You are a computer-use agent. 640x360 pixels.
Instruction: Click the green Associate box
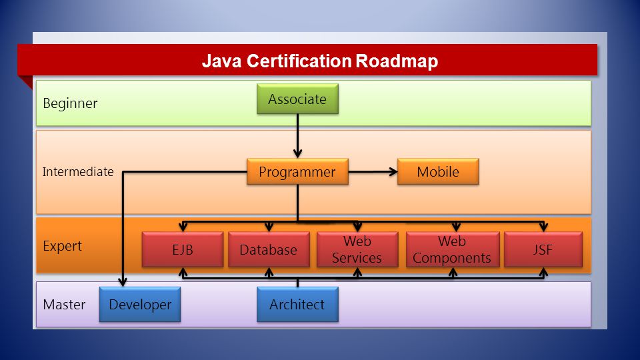coord(297,99)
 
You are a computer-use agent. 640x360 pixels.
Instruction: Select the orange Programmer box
coord(297,172)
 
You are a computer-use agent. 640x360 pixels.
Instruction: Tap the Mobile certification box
coord(438,172)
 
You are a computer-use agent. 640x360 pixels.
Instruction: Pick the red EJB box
coord(183,249)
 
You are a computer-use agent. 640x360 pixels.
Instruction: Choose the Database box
coord(269,249)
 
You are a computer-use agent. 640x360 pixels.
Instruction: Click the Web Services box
coord(357,249)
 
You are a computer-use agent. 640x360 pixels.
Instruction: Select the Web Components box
coord(452,249)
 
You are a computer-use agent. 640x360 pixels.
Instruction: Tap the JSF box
coord(543,249)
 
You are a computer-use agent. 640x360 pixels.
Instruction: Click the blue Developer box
coord(140,305)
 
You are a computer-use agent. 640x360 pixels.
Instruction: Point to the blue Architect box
coord(297,305)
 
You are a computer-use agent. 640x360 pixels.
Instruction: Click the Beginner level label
coord(70,104)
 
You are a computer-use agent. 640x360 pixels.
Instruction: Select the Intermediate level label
coord(78,172)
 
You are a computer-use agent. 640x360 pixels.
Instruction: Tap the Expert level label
coord(63,246)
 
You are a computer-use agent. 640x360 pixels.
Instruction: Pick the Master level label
coord(64,305)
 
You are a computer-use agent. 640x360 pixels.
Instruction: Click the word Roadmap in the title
coord(397,61)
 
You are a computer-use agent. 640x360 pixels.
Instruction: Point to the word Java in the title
coord(221,61)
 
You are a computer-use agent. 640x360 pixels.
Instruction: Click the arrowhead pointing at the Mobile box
coord(393,172)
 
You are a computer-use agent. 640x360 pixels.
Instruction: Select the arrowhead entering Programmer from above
coord(297,153)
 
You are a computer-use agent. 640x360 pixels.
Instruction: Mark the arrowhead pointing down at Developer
coord(123,281)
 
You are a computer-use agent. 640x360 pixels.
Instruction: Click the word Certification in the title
coord(299,61)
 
